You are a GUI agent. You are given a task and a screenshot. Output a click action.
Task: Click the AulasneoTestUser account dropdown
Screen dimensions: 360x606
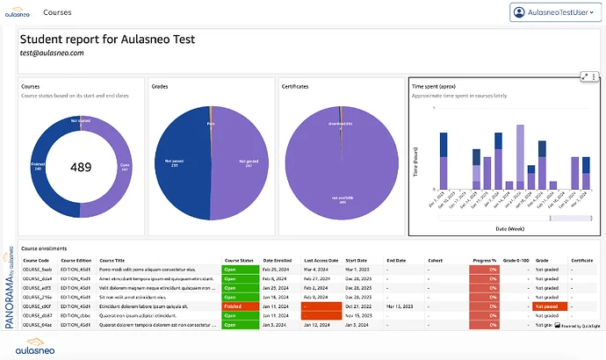click(556, 12)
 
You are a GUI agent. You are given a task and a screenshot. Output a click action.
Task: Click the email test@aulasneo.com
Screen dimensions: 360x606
click(52, 53)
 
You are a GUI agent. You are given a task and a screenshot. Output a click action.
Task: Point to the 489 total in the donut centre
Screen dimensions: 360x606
click(81, 167)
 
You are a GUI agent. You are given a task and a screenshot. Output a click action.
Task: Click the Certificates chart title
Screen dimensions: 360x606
click(295, 87)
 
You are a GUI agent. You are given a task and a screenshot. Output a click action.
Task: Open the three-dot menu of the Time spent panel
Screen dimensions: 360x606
click(595, 77)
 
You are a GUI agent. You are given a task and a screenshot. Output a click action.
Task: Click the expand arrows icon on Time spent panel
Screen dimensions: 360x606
click(585, 77)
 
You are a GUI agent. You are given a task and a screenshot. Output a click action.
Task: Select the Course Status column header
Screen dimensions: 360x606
click(239, 260)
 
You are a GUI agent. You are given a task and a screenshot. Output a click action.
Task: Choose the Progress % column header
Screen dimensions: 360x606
click(482, 260)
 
